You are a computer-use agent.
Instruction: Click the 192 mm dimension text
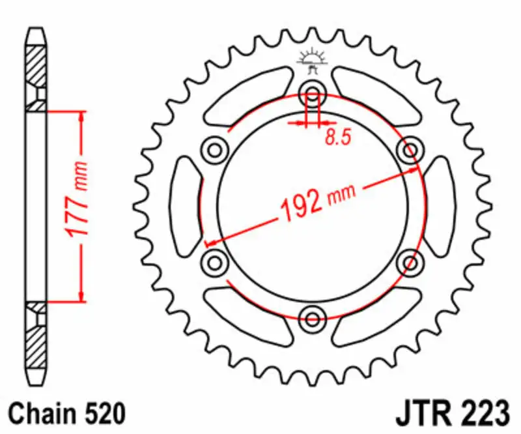319,202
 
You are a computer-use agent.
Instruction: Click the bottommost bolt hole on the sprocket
313,318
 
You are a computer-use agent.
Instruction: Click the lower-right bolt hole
410,263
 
